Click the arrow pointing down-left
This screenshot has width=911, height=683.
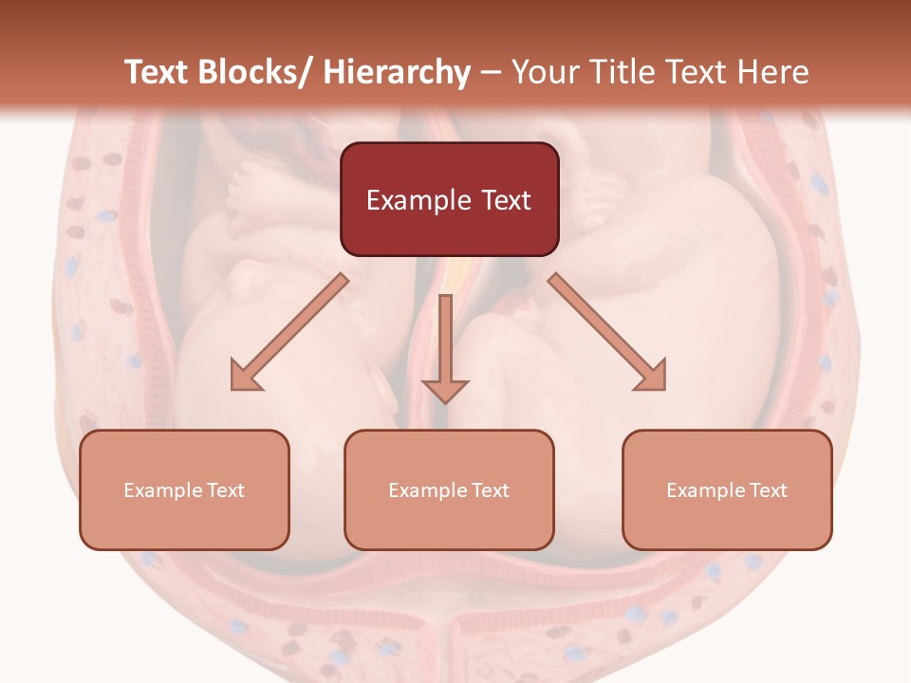[x=288, y=332]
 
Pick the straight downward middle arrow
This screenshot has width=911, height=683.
[x=445, y=341]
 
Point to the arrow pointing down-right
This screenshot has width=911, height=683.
[x=607, y=332]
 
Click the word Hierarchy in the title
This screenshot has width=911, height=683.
[x=397, y=73]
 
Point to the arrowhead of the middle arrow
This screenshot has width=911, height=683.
[x=445, y=390]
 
